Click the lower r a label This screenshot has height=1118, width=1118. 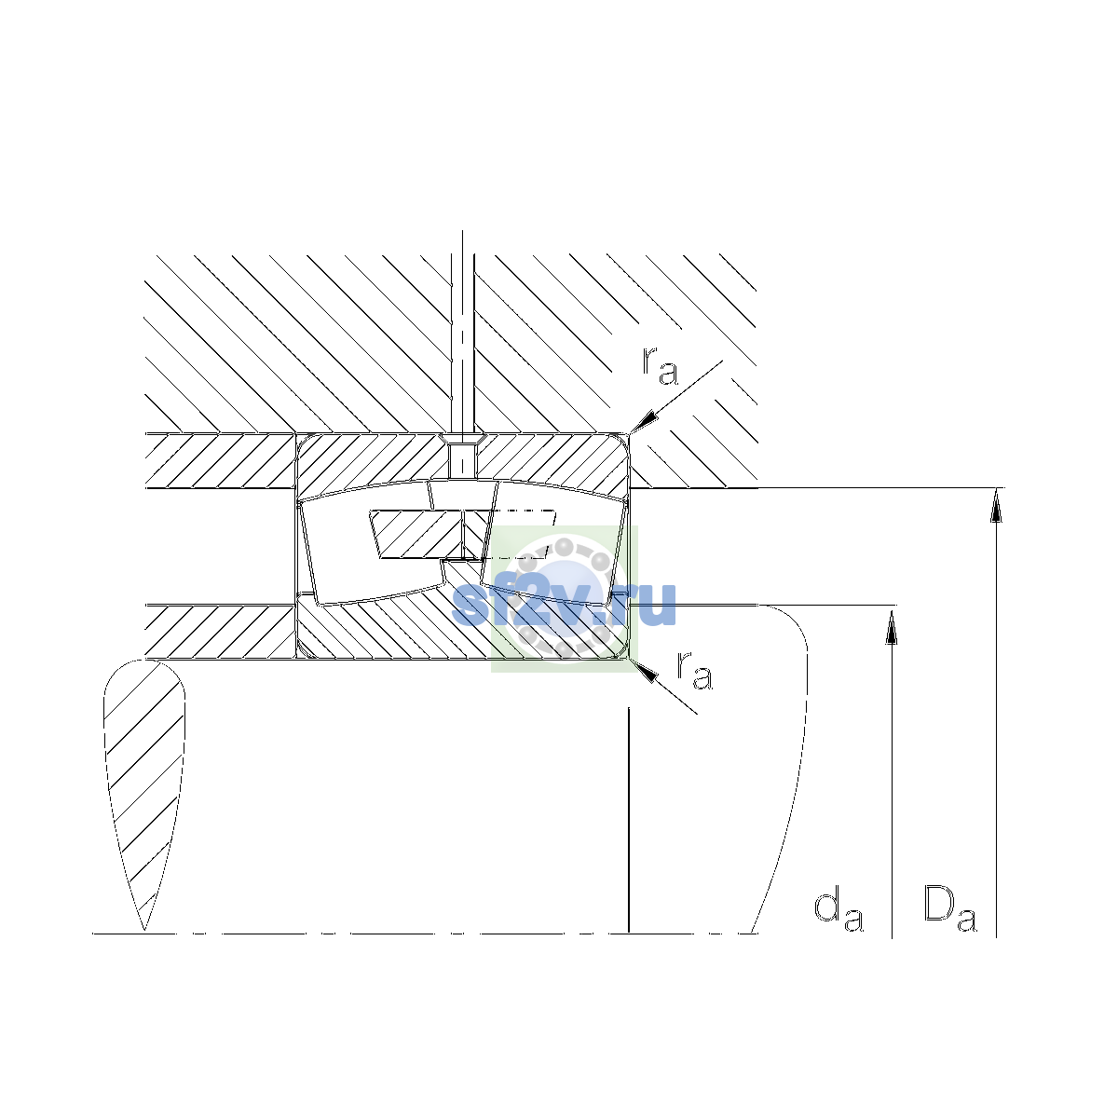point(694,671)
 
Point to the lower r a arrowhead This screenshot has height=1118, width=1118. point(645,671)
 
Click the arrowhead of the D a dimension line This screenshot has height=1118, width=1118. point(996,505)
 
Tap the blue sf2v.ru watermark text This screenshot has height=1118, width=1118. point(564,604)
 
